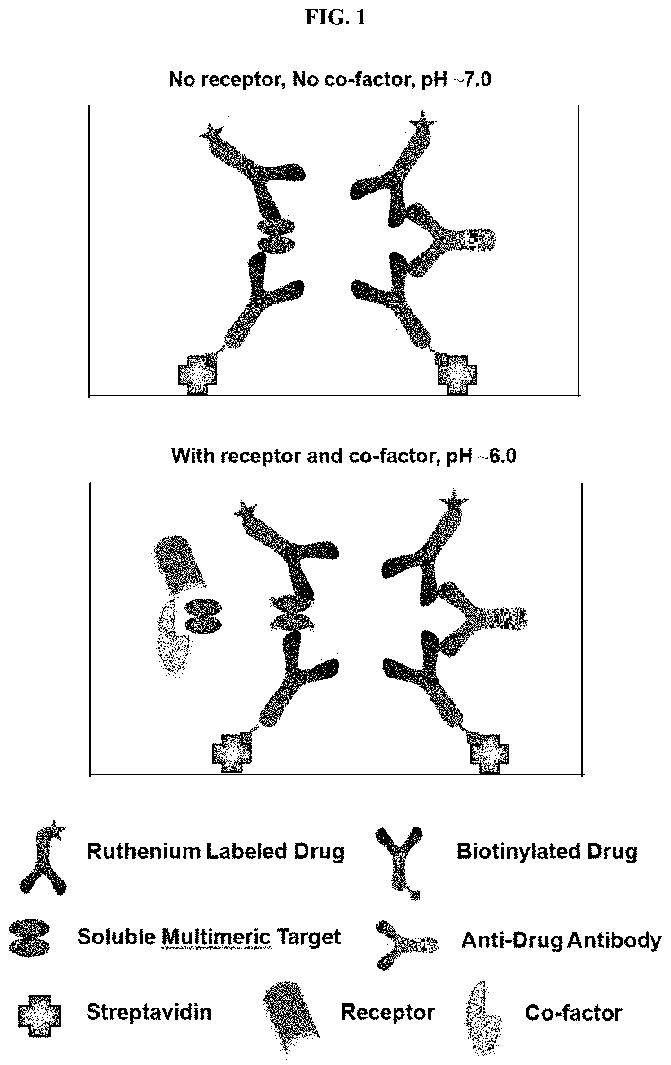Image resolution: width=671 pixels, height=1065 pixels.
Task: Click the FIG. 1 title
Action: click(335, 18)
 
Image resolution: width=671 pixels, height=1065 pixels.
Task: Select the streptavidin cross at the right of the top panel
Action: click(457, 374)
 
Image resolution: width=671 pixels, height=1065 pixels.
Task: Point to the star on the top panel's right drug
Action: click(422, 120)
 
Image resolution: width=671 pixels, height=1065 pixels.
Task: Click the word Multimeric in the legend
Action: click(216, 937)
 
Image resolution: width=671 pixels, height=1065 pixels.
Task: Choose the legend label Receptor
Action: click(388, 1012)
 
